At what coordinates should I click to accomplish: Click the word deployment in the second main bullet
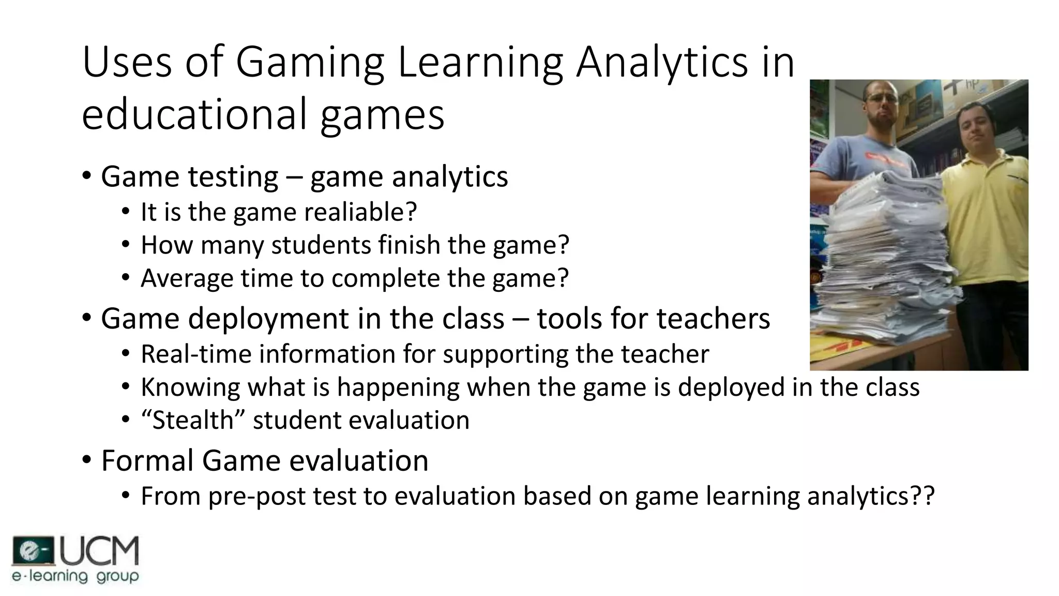pos(269,318)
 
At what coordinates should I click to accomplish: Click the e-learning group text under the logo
pos(75,576)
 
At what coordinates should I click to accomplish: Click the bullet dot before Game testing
pos(86,176)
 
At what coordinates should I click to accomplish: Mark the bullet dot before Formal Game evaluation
pos(86,460)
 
